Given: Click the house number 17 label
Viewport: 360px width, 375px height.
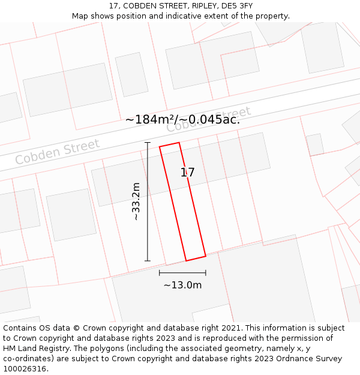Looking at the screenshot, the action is tap(188, 173).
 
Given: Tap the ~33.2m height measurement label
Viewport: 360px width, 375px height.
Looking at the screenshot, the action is tap(136, 202).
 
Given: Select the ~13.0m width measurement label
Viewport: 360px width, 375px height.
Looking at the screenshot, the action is tap(182, 285).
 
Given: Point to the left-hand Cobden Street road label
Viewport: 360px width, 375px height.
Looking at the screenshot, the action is tap(58, 152).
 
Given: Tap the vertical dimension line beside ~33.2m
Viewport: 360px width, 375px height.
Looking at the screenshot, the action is tap(148, 202).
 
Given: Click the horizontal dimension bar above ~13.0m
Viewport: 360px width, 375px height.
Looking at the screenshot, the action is tap(182, 272).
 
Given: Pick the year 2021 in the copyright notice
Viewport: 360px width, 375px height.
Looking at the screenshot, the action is tap(229, 328).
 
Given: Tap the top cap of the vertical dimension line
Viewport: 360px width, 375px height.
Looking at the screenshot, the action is tap(148, 143).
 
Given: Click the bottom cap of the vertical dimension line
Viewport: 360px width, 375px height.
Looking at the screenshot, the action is tap(148, 260).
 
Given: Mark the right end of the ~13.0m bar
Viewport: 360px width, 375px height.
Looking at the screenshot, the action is tap(205, 272).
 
